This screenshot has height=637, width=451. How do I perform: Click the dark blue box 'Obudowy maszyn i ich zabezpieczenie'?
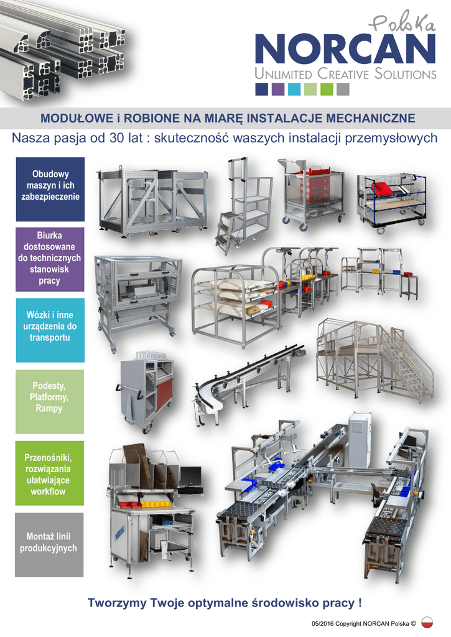pyautogui.click(x=50, y=189)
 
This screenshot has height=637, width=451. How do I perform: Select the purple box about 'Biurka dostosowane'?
pyautogui.click(x=50, y=259)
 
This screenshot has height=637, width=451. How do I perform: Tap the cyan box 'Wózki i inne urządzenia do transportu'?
pyautogui.click(x=50, y=330)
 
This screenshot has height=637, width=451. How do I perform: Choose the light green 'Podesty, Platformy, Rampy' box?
pyautogui.click(x=50, y=401)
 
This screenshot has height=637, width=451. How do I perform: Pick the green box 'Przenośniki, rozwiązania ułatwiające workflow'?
pyautogui.click(x=50, y=473)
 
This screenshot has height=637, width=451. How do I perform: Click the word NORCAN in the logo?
pyautogui.click(x=345, y=49)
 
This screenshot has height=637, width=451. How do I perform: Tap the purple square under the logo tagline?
pyautogui.click(x=278, y=90)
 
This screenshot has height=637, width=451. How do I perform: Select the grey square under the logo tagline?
pyautogui.click(x=343, y=90)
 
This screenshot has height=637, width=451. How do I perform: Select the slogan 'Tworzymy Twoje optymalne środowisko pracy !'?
pyautogui.click(x=225, y=603)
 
